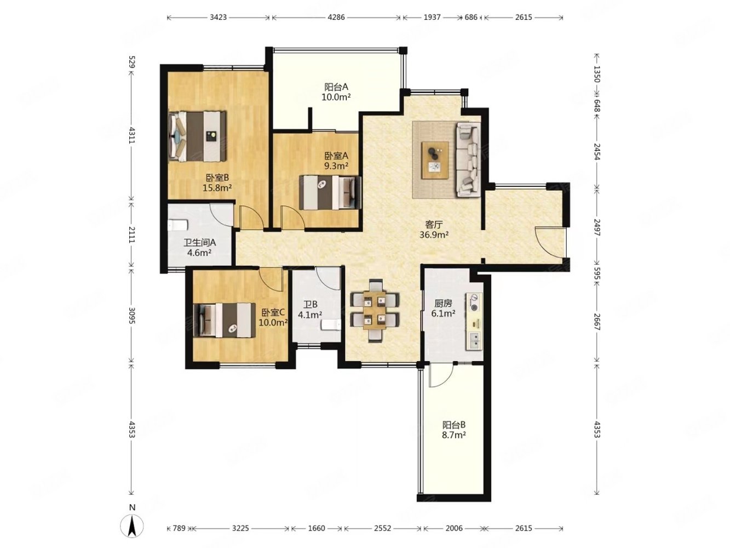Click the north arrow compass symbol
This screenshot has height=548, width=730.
tap(131, 526)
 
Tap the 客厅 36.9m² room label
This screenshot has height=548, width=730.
tap(434, 230)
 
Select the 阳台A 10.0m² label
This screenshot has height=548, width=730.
tap(336, 92)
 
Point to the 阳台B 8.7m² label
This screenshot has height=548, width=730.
tap(453, 430)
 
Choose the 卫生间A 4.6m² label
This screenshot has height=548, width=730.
tap(199, 248)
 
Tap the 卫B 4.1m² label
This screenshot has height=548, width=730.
tap(309, 310)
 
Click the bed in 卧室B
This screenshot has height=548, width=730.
tap(198, 136)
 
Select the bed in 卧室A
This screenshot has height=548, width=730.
tap(330, 192)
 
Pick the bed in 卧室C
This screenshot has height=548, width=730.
tap(225, 319)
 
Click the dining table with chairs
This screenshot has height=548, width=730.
tap(375, 310)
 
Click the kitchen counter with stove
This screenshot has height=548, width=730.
tap(474, 321)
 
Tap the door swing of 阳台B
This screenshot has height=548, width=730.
tap(441, 375)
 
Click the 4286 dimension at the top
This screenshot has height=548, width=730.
tap(336, 17)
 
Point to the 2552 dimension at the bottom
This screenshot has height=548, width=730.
tap(382, 528)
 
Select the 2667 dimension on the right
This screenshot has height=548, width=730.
tap(596, 322)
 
